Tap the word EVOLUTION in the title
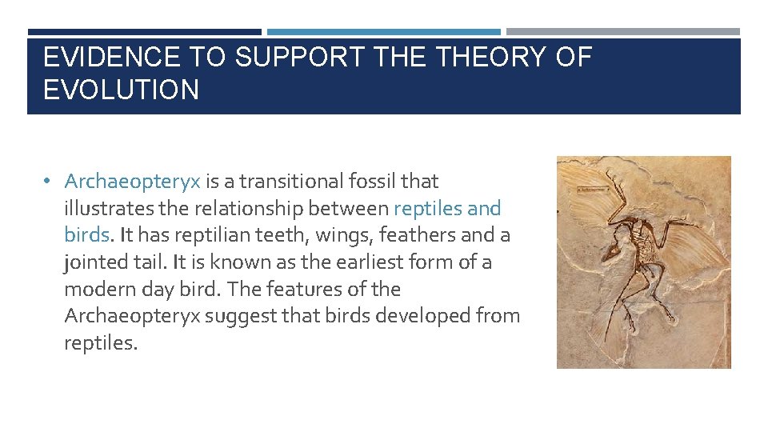point(121,90)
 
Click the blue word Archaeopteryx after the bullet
point(132,182)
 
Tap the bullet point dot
point(49,182)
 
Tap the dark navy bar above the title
point(144,32)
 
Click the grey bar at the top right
point(623,32)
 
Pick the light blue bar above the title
point(384,32)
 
